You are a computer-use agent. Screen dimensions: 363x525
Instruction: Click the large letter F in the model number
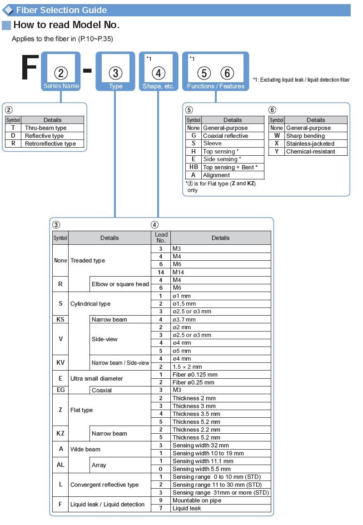(x=30, y=67)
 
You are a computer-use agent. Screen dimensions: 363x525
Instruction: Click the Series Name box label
(x=61, y=86)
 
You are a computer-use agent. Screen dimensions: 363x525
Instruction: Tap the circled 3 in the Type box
(x=115, y=73)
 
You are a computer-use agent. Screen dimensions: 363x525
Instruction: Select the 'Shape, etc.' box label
(x=159, y=86)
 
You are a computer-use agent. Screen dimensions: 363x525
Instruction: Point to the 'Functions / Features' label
(x=216, y=86)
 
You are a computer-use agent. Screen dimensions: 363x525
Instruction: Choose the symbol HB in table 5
(x=194, y=167)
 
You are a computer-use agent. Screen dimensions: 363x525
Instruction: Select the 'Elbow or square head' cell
(x=120, y=284)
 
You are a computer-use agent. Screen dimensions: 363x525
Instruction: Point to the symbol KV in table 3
(x=60, y=362)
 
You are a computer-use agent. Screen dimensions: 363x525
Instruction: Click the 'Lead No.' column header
(x=161, y=238)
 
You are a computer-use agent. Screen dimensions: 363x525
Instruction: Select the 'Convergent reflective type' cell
(x=104, y=485)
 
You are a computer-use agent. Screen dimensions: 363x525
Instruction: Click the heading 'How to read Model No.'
(x=66, y=25)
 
